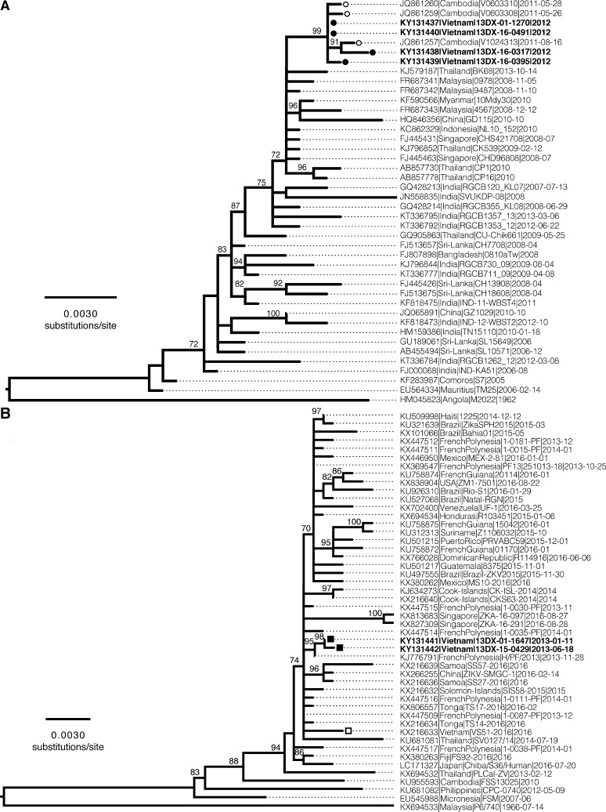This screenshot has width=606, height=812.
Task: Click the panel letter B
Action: [7, 408]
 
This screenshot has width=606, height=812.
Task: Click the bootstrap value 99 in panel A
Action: [317, 30]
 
